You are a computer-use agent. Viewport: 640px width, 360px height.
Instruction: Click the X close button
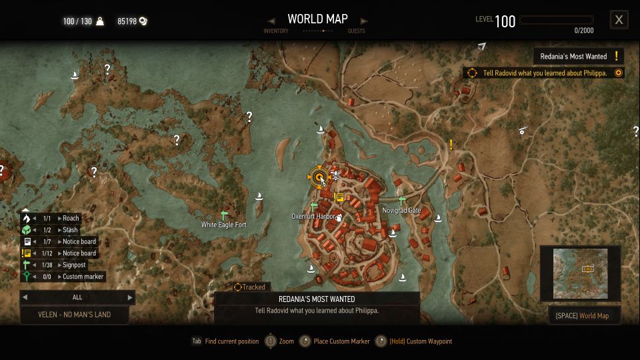[x=619, y=20]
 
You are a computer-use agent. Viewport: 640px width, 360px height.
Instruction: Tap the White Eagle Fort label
[x=224, y=225]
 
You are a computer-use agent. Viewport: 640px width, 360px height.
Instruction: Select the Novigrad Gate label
[x=401, y=211]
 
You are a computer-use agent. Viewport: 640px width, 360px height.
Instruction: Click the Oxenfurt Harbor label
[x=313, y=217]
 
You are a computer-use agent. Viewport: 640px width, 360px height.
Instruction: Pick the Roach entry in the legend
[x=70, y=218]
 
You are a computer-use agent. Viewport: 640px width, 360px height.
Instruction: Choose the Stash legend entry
[x=69, y=230]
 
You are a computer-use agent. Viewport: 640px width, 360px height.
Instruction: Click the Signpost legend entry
[x=73, y=265]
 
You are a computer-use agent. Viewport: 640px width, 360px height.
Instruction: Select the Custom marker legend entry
[x=83, y=277]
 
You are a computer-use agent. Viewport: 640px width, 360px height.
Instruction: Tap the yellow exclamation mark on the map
[x=451, y=144]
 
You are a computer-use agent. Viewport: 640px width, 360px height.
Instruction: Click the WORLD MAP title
[x=317, y=19]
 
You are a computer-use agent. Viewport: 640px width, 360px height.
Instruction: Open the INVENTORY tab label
[x=276, y=31]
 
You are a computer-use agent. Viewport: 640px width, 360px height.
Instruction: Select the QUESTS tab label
[x=356, y=31]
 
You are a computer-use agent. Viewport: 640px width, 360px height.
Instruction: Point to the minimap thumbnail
[x=581, y=273]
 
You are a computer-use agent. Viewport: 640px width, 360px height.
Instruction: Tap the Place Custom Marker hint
[x=341, y=341]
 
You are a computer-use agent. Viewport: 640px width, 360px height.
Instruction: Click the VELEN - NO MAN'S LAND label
[x=75, y=315]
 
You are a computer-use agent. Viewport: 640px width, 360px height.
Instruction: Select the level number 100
[x=505, y=21]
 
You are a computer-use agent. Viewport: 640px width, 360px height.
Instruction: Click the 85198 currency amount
[x=127, y=21]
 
